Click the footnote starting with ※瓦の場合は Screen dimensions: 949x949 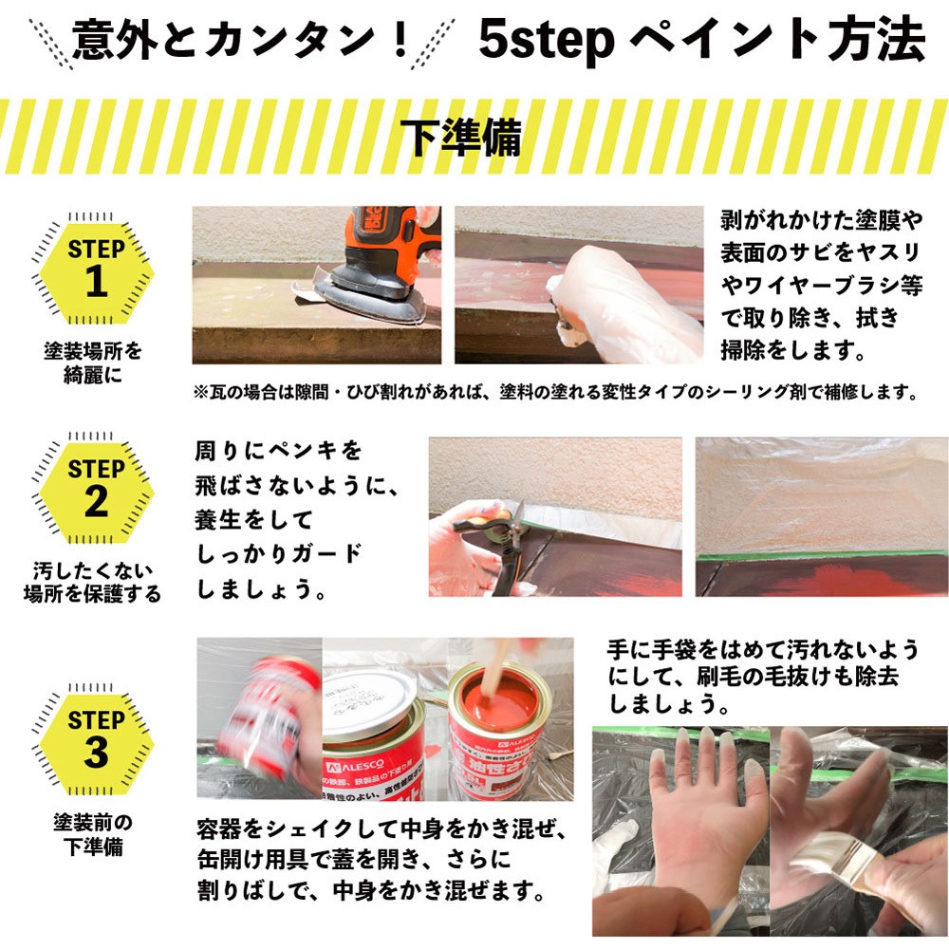coord(554,391)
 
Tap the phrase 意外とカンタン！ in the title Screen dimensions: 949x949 coord(242,40)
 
